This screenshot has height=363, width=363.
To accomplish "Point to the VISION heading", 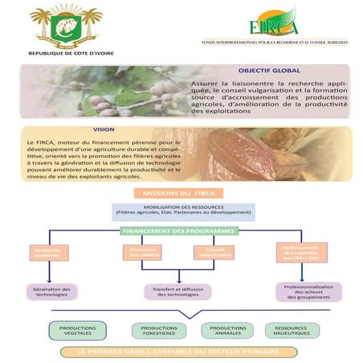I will coord(104,129).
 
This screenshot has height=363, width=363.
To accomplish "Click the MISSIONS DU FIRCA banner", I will coord(181,194).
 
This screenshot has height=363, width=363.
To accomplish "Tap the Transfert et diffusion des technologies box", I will coord(181,292).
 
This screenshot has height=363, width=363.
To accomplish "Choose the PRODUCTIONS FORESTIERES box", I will coord(158,330).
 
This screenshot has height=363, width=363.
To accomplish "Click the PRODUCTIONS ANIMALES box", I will coord(229,330).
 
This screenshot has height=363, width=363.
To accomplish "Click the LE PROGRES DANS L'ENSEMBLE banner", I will coord(181,352).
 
